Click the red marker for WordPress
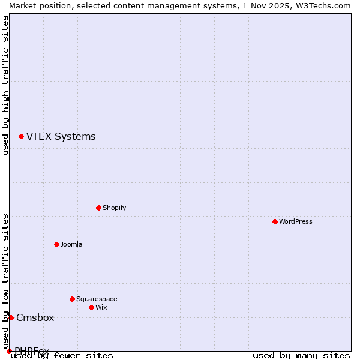coord(275,221)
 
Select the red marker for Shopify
coord(98,208)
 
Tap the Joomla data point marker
coord(56,244)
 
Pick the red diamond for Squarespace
coord(72,299)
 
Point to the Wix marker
coord(91,307)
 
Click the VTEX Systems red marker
coord(21,137)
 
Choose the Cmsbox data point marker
coord(11,317)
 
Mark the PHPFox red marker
coord(9,351)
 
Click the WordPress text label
coord(296,221)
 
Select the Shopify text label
coord(114,208)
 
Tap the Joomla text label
coord(71,244)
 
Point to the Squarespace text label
coord(97,299)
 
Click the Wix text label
coord(101,307)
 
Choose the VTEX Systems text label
coord(61,137)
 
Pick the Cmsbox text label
coord(35,317)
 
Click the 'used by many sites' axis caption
coord(301,355)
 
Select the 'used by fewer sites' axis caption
coord(62,355)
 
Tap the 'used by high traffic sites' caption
coord(5,85)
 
